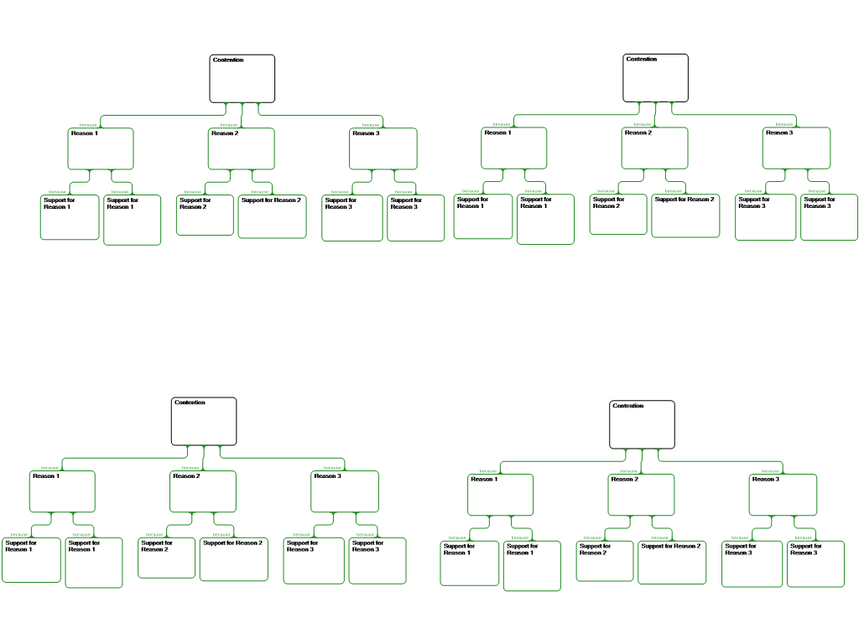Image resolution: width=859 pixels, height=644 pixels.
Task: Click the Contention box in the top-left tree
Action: coord(242,79)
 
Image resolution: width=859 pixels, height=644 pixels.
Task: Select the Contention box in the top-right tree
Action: coord(655,78)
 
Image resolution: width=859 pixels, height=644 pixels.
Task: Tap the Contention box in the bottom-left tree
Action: coord(204,421)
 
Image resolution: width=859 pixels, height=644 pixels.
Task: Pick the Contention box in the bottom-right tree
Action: coord(642,424)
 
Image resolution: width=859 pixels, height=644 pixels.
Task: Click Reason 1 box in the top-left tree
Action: coord(101,148)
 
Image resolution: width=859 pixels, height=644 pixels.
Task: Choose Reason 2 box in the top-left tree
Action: coord(241,148)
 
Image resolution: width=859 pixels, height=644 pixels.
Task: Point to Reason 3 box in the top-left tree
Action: coord(383,148)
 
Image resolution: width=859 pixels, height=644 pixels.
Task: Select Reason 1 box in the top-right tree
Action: coord(514,148)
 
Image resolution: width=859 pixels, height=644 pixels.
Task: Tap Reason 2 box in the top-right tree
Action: coord(654,148)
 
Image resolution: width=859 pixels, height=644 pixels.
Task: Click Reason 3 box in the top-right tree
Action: coord(796,148)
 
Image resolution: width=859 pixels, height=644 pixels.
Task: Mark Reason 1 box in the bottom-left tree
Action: coord(63,491)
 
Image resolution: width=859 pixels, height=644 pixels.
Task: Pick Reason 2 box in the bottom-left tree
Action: coord(203,491)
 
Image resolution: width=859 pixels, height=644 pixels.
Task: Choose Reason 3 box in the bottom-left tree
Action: coord(345,491)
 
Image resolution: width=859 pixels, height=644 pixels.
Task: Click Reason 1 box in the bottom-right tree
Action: coord(500,495)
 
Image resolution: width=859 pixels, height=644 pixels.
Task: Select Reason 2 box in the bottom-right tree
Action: coord(641,495)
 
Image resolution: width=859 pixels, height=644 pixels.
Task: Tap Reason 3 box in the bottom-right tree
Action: coord(783,495)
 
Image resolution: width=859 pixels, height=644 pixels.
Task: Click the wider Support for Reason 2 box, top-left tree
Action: coord(272,216)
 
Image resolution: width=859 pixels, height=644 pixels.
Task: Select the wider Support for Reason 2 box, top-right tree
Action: coord(685,216)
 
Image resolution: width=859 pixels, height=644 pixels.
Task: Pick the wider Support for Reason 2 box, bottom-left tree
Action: coord(233,559)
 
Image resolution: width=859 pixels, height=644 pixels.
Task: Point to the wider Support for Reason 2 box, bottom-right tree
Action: coord(672,563)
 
